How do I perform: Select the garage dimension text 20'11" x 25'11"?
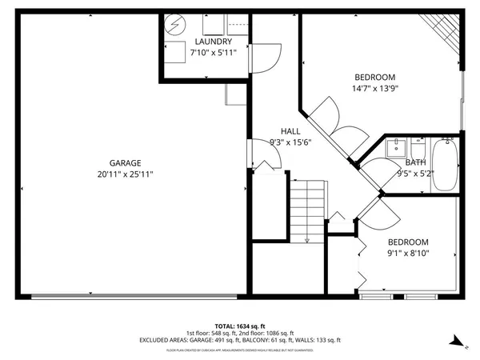[125, 174]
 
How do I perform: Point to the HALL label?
[290, 131]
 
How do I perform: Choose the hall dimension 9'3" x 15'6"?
[290, 142]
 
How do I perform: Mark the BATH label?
[415, 162]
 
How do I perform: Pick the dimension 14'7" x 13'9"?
[375, 90]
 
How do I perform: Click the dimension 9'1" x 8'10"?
[408, 254]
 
